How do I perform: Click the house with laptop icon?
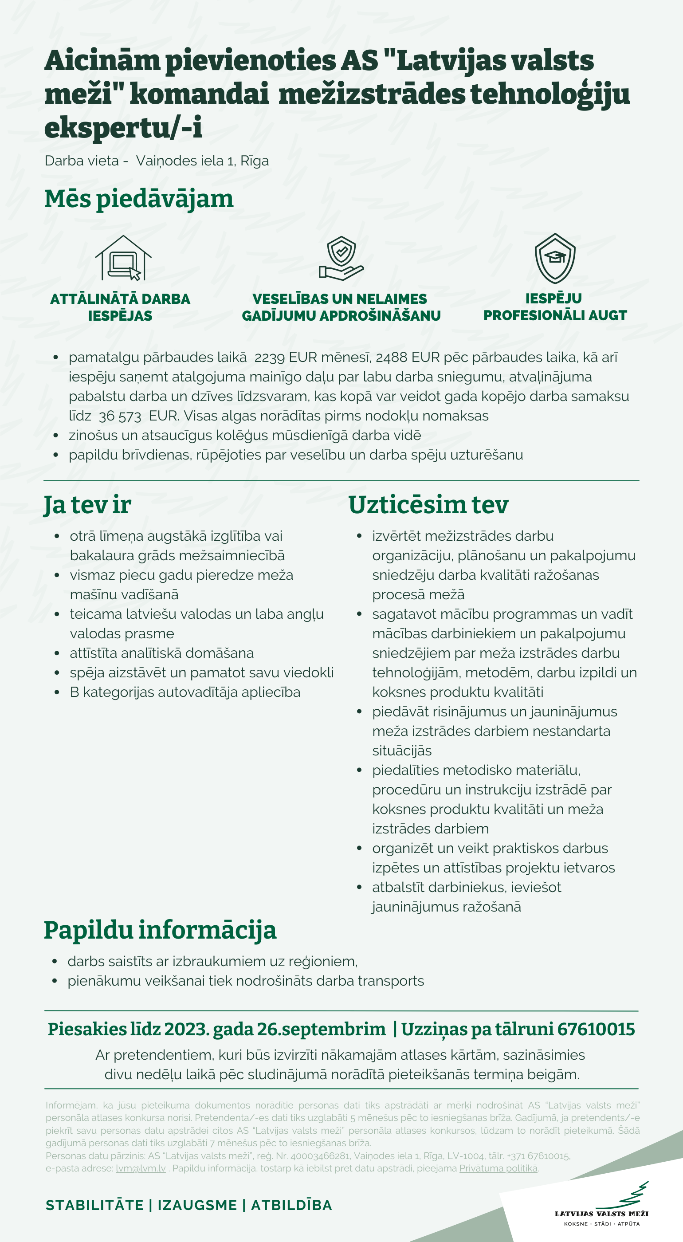tap(123, 258)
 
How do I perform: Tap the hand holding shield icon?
tap(341, 258)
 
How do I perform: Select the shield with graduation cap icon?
tap(555, 258)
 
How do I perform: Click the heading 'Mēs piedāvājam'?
tap(139, 199)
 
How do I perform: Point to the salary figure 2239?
tap(270, 357)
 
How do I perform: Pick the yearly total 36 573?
tap(120, 416)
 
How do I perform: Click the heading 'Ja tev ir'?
tap(87, 505)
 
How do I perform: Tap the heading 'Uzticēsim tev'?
tap(428, 505)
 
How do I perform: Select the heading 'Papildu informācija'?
tap(160, 930)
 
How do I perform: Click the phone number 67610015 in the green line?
tap(596, 1029)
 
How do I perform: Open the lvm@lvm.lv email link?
tap(141, 1168)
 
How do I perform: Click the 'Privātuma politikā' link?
tap(498, 1168)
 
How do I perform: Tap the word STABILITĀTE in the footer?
tap(94, 1205)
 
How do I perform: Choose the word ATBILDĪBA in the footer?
tap(292, 1205)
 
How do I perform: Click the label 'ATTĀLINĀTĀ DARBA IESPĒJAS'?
tap(120, 307)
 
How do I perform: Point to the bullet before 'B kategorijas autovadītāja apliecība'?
tap(57, 692)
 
